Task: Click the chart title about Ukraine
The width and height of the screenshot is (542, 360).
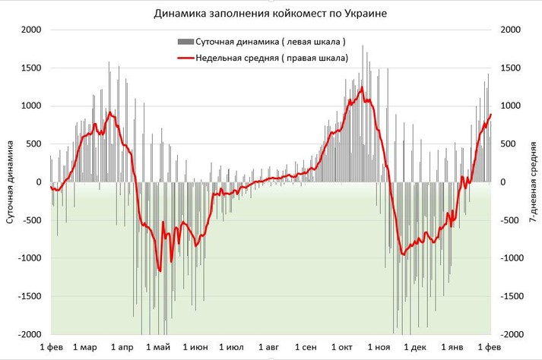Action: pyautogui.click(x=270, y=14)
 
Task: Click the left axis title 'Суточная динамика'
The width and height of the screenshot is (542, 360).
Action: pyautogui.click(x=11, y=182)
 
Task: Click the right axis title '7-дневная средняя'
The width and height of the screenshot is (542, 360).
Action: pyautogui.click(x=531, y=182)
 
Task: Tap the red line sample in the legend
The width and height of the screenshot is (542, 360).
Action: pyautogui.click(x=185, y=58)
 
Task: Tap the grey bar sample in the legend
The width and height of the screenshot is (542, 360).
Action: pyautogui.click(x=185, y=41)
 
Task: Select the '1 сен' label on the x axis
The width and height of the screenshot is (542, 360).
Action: pyautogui.click(x=306, y=347)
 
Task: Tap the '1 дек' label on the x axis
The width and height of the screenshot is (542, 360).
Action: pyautogui.click(x=416, y=347)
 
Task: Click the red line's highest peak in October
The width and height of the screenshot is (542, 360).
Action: pyautogui.click(x=362, y=88)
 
